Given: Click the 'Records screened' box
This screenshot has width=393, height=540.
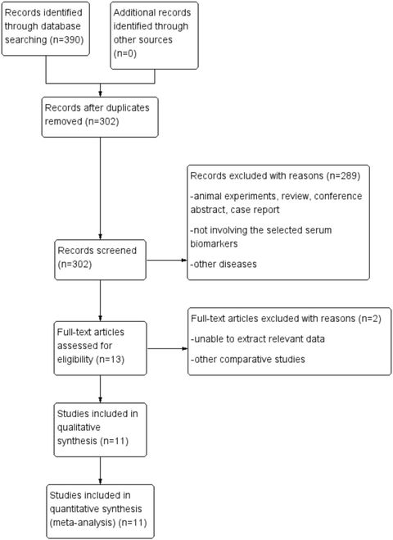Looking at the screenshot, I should [100, 260].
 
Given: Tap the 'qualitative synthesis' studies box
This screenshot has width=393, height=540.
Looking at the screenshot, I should [100, 426].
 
